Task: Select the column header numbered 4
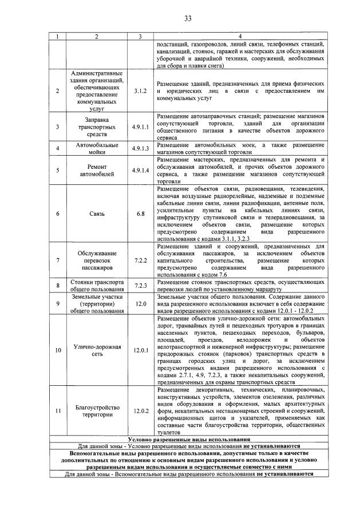click(x=240, y=37)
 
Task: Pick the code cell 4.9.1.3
click(x=140, y=149)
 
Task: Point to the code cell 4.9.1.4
click(x=140, y=171)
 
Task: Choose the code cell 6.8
click(x=140, y=213)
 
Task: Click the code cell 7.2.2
click(x=140, y=259)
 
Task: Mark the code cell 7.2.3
click(x=140, y=285)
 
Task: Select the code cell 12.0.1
click(x=140, y=349)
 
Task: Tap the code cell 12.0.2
click(x=140, y=410)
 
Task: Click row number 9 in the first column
click(x=57, y=304)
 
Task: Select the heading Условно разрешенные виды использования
click(x=188, y=438)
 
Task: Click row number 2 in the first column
click(x=57, y=91)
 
